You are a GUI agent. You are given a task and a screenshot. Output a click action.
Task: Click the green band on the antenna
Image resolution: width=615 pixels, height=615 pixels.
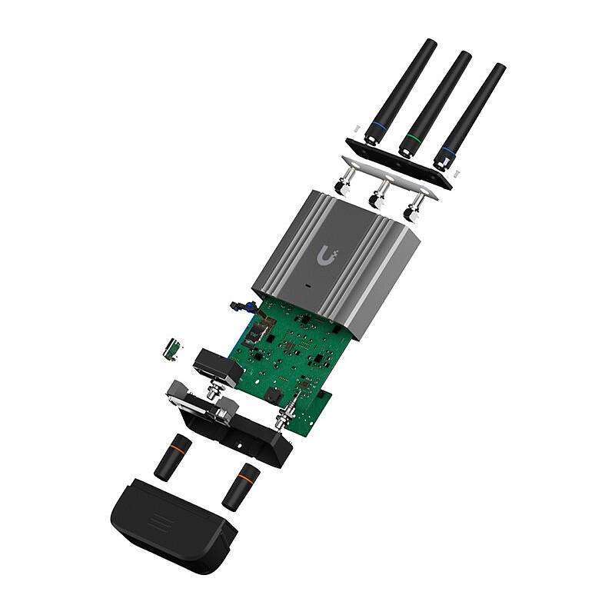click(413, 140)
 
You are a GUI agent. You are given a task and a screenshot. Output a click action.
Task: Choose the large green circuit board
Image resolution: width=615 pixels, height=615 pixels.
click(296, 354)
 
